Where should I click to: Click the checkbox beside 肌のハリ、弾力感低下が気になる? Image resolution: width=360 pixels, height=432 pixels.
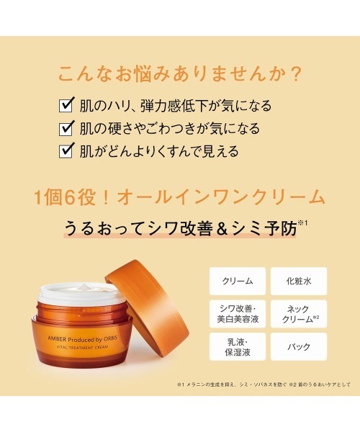pyautogui.click(x=66, y=105)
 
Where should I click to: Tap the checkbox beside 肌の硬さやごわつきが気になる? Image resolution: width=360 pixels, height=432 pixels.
pyautogui.click(x=66, y=128)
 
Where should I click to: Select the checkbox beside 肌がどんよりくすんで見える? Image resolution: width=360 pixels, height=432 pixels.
pyautogui.click(x=66, y=151)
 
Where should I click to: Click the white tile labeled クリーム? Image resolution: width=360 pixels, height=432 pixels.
pyautogui.click(x=238, y=281)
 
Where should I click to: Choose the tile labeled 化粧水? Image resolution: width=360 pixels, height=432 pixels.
pyautogui.click(x=299, y=281)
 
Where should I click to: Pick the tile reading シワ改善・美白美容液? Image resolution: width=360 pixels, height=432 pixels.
pyautogui.click(x=238, y=314)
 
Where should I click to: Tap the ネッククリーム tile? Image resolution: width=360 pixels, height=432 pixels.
pyautogui.click(x=299, y=314)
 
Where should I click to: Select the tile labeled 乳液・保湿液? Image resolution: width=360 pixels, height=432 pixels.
pyautogui.click(x=238, y=346)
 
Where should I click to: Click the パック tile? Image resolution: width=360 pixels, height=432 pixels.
pyautogui.click(x=299, y=346)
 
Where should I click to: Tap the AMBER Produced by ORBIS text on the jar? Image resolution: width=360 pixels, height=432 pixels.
pyautogui.click(x=82, y=339)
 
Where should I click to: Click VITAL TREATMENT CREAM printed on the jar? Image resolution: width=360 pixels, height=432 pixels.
pyautogui.click(x=82, y=348)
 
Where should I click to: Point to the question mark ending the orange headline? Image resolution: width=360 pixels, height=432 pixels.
pyautogui.click(x=297, y=74)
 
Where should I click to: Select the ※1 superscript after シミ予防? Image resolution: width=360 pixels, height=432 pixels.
pyautogui.click(x=302, y=222)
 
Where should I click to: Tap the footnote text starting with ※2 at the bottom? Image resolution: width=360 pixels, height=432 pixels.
pyautogui.click(x=320, y=384)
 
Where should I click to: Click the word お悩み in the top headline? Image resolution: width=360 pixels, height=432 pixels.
pyautogui.click(x=143, y=74)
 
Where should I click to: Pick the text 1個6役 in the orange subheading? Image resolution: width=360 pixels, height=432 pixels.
pyautogui.click(x=66, y=197)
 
